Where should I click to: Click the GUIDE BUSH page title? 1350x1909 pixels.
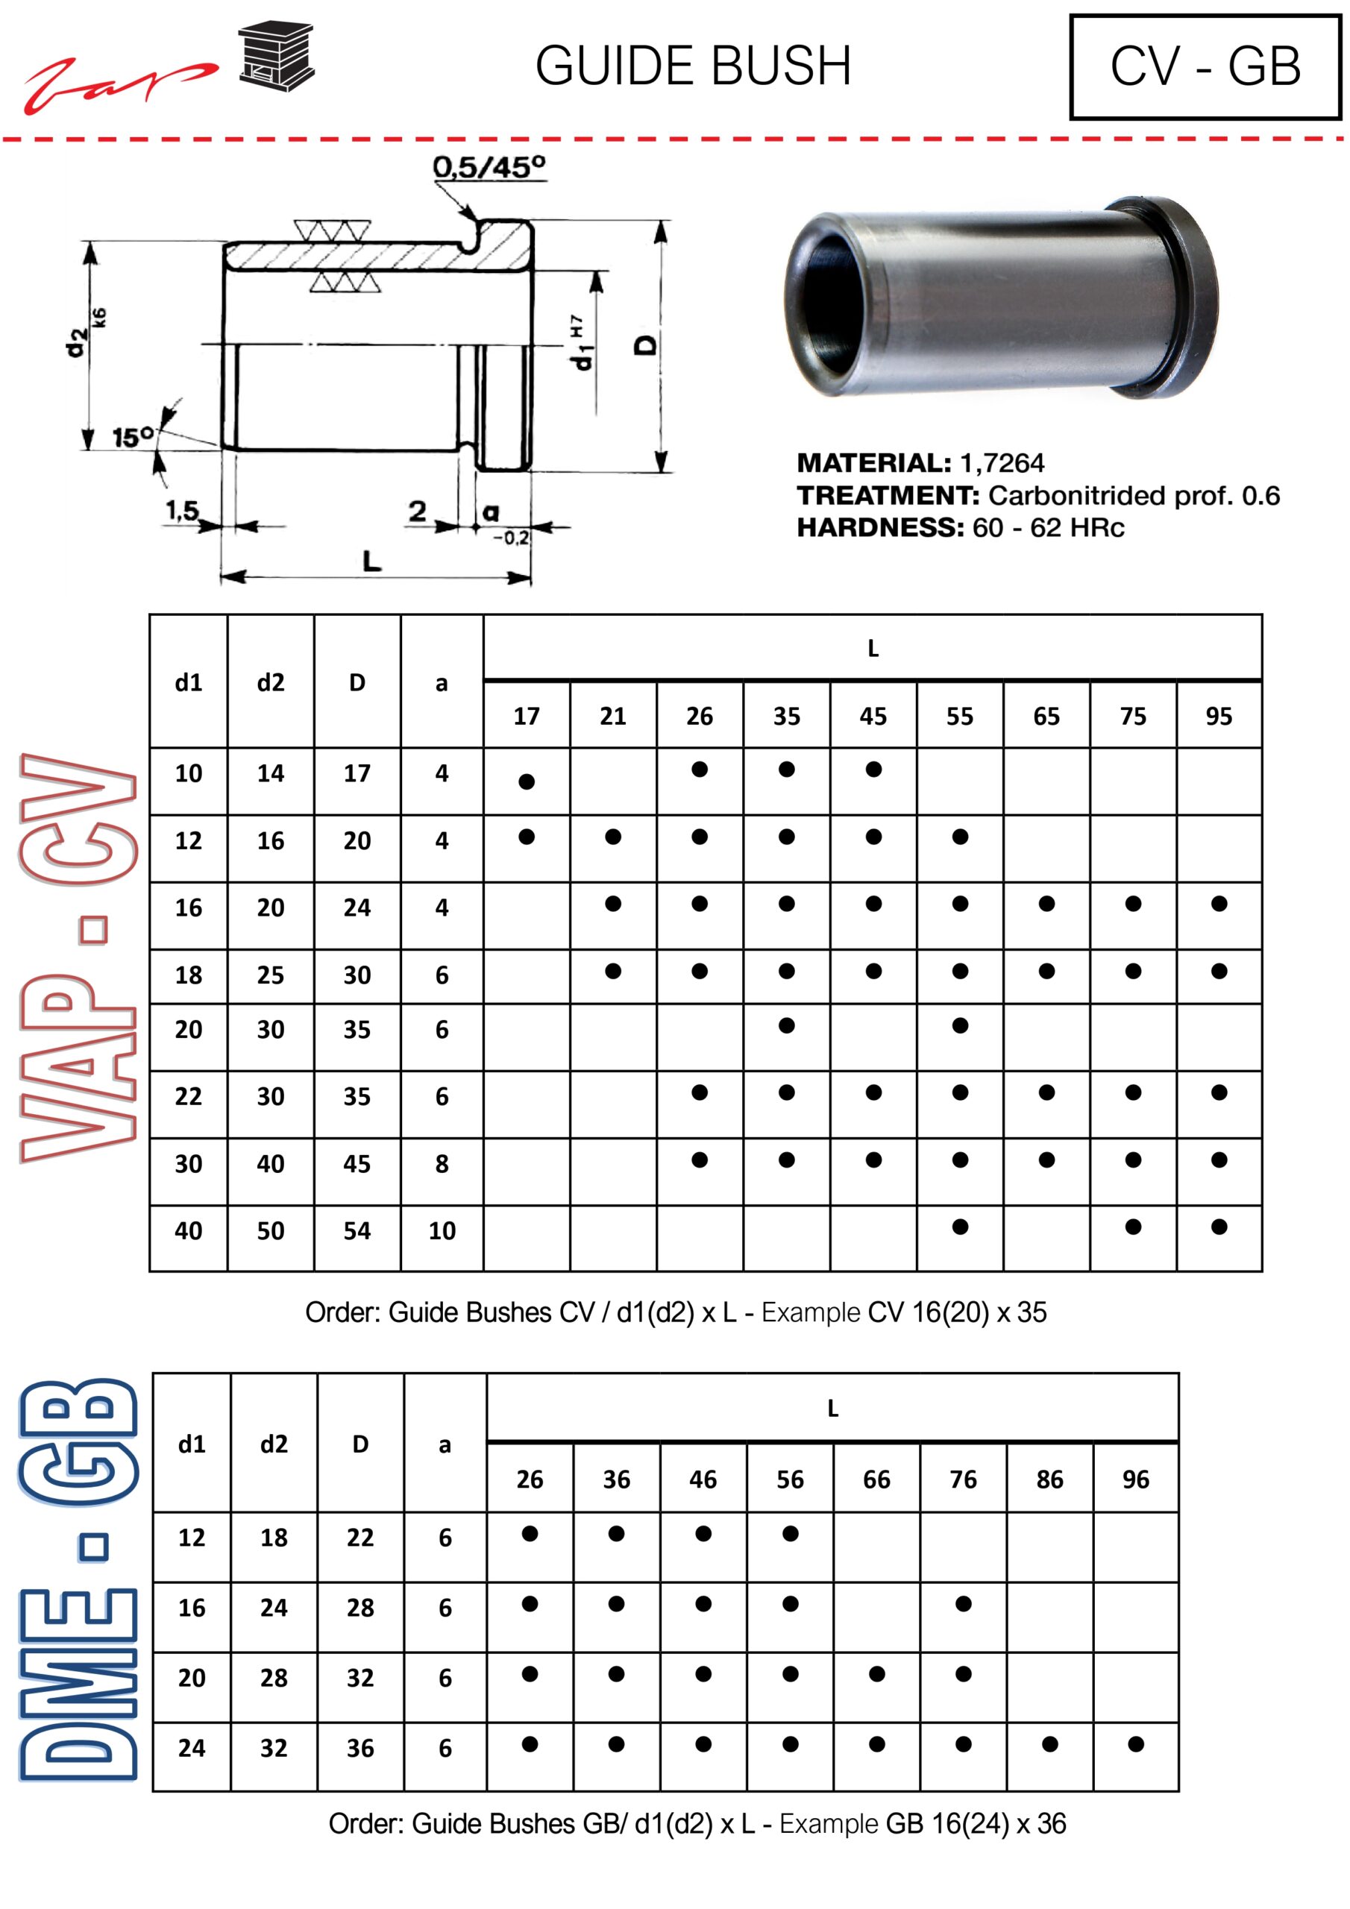(693, 66)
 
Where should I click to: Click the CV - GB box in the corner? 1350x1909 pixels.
(1205, 66)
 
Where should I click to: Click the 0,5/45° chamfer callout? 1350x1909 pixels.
(489, 167)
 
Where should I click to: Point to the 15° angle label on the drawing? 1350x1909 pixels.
(133, 437)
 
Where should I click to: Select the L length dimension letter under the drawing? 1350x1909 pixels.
(372, 562)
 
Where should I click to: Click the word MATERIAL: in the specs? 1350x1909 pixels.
(873, 463)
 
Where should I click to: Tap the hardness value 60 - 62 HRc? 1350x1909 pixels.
(1048, 527)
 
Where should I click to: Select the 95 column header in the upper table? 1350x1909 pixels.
(1219, 716)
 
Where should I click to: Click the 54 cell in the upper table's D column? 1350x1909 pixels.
(357, 1230)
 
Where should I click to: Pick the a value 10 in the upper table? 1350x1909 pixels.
(442, 1230)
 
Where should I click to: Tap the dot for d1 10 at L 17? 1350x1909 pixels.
(527, 781)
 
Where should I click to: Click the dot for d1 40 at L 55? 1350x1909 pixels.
(960, 1227)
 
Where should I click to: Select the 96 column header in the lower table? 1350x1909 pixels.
(1135, 1479)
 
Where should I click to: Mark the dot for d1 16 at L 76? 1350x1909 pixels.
(963, 1604)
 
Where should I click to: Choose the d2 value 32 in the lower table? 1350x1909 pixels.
(274, 1748)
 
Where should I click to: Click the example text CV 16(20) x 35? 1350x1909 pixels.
(957, 1312)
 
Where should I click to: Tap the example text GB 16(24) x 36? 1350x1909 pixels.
(976, 1823)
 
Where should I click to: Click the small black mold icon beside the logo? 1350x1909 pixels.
(276, 57)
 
